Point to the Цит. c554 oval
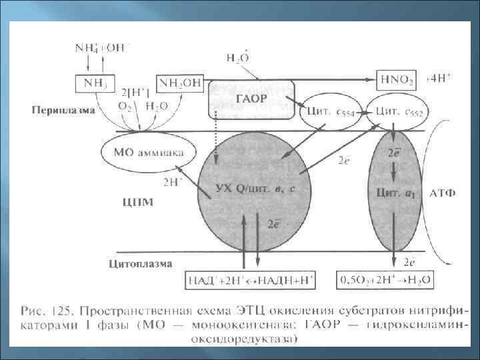tap(331, 111)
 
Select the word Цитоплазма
tap(139, 263)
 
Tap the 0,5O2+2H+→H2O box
tap(385, 279)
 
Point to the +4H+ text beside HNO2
tap(440, 78)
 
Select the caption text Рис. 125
tap(49, 311)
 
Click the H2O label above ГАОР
tap(239, 59)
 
